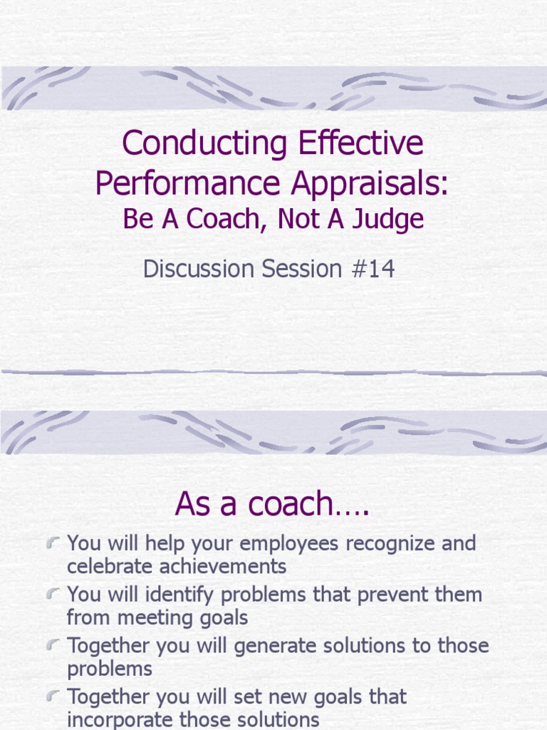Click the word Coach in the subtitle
[x=222, y=220]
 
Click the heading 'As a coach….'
[x=273, y=504]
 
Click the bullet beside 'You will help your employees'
[x=52, y=544]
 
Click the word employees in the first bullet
[x=289, y=544]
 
